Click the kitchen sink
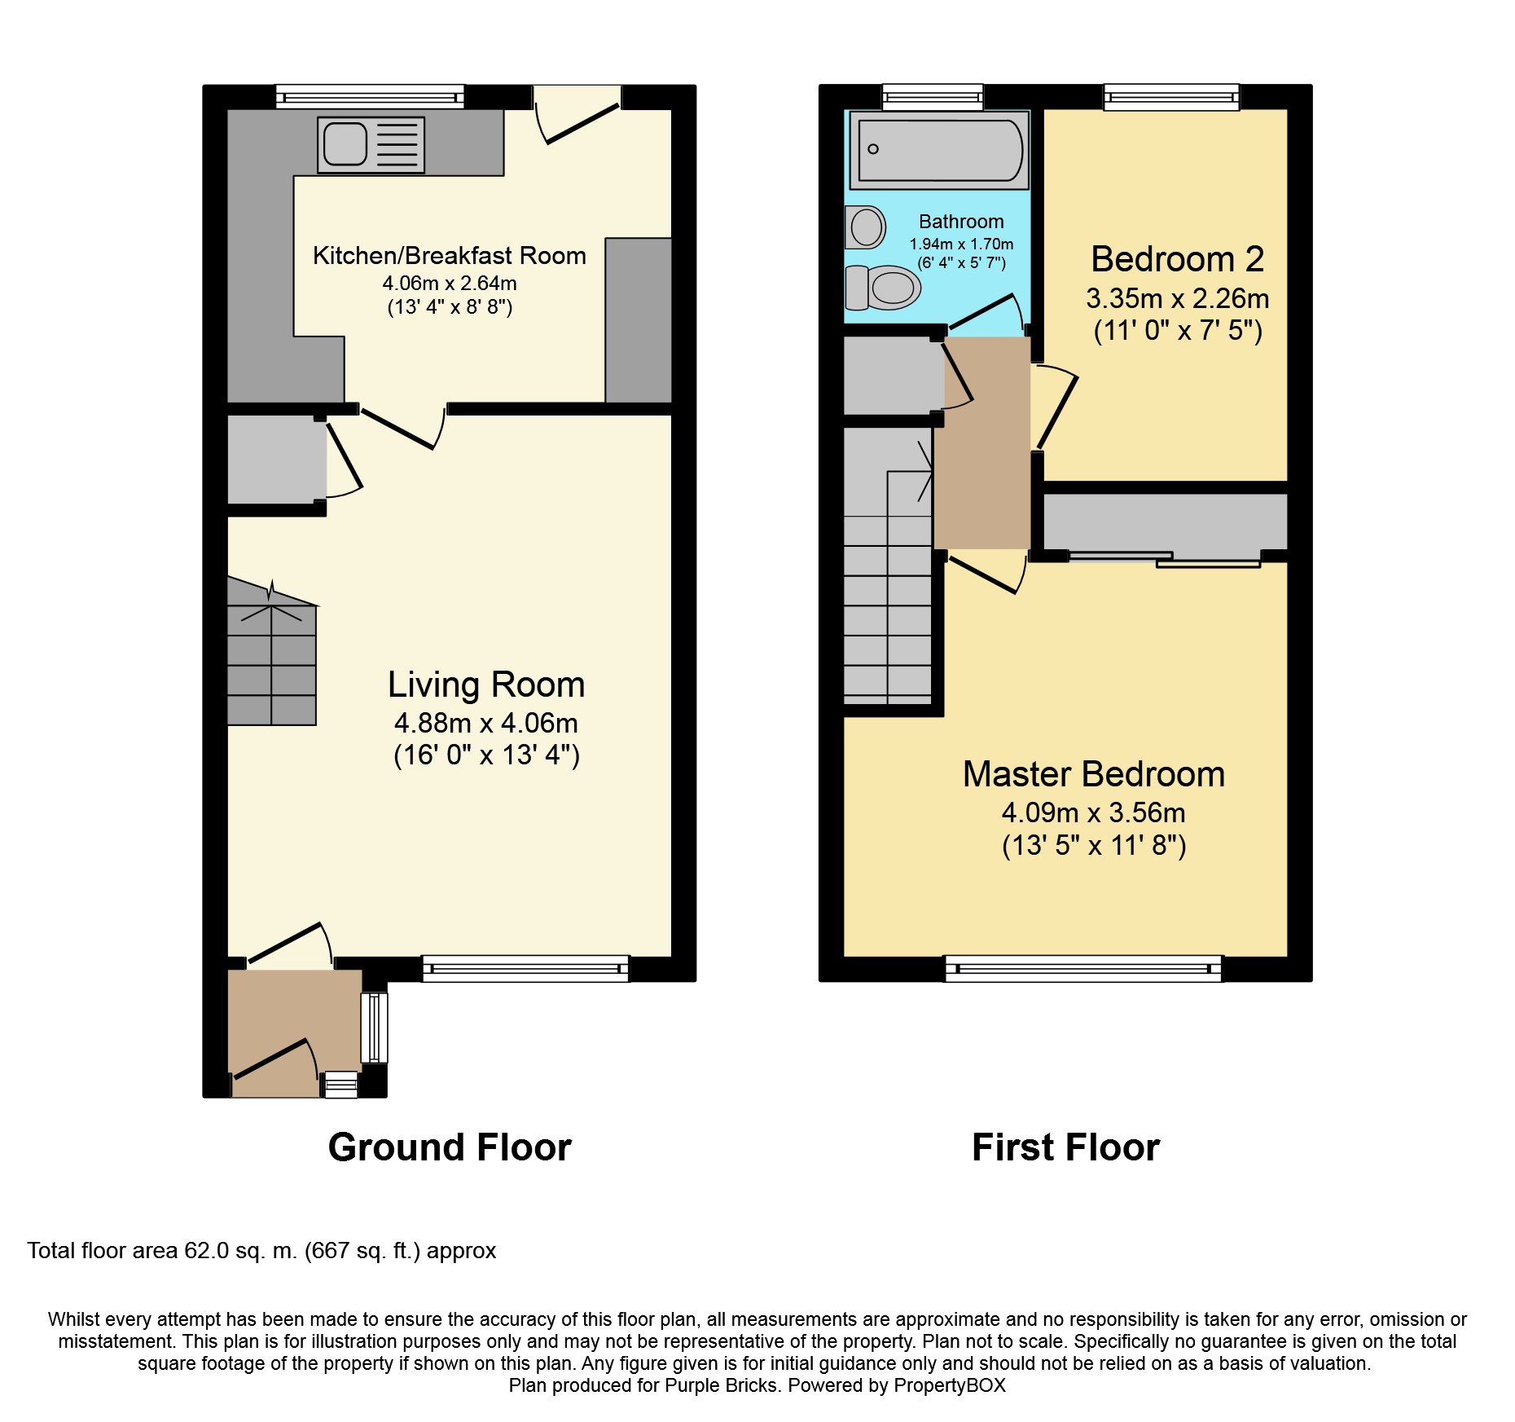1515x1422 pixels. pyautogui.click(x=371, y=145)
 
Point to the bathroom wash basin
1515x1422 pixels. pyautogui.click(x=865, y=227)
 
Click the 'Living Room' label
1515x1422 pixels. pyautogui.click(x=486, y=685)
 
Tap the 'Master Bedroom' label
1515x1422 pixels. pyautogui.click(x=1094, y=774)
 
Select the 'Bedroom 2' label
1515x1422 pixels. pyautogui.click(x=1177, y=259)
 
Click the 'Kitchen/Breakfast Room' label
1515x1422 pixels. pyautogui.click(x=450, y=256)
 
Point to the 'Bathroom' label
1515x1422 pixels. pyautogui.click(x=961, y=222)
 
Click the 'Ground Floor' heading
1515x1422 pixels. pyautogui.click(x=450, y=1147)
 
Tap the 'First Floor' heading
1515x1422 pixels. pyautogui.click(x=1065, y=1147)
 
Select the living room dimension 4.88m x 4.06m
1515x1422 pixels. pyautogui.click(x=486, y=723)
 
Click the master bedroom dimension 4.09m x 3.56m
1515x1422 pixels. pyautogui.click(x=1093, y=812)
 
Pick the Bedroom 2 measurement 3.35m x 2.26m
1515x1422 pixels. pyautogui.click(x=1177, y=298)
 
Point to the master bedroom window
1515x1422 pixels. pyautogui.click(x=1083, y=969)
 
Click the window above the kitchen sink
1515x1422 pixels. pyautogui.click(x=370, y=97)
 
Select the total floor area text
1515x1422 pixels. pyautogui.click(x=261, y=1251)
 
